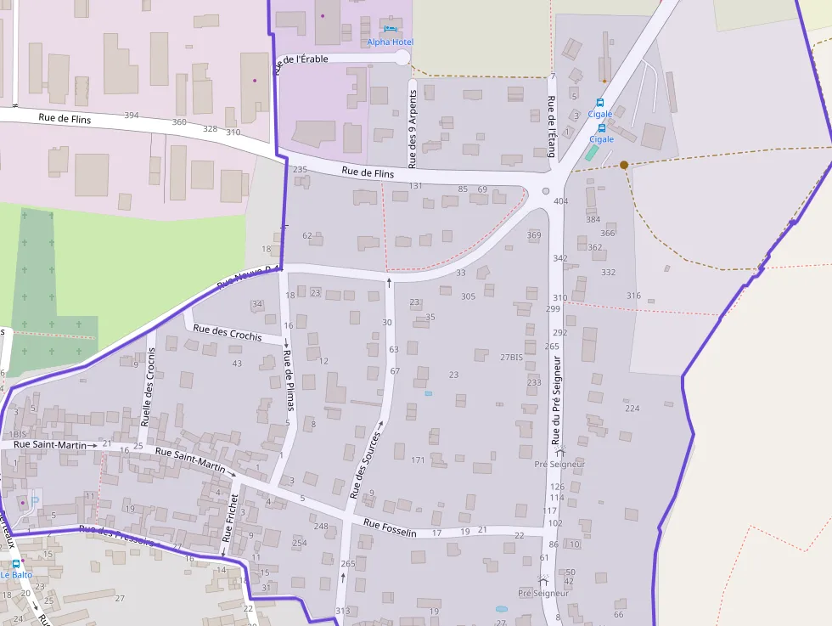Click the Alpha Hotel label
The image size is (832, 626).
391,42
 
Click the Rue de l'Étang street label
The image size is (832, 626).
552,127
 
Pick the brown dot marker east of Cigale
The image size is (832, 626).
624,165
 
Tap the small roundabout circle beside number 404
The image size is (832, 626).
546,191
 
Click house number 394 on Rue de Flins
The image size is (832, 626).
132,116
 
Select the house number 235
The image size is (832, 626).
300,170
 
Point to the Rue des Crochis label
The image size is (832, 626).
228,332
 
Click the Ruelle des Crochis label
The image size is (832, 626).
149,390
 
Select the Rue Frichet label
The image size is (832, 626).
229,519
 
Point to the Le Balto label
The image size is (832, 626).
15,574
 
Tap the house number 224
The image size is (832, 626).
632,409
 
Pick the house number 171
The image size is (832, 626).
418,460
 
